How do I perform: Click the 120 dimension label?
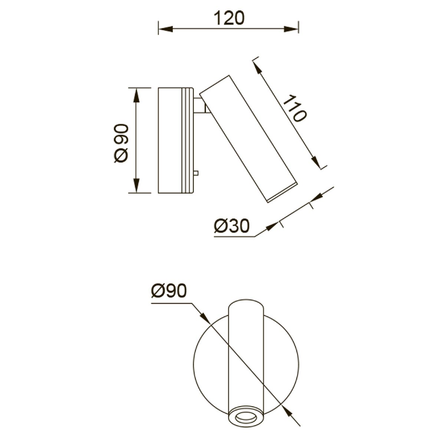click(x=229, y=18)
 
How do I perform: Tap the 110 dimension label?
click(x=294, y=108)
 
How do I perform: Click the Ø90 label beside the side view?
click(x=121, y=144)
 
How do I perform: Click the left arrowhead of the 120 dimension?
click(x=165, y=29)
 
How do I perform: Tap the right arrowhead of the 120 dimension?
click(x=291, y=29)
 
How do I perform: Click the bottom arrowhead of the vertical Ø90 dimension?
click(x=136, y=185)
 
